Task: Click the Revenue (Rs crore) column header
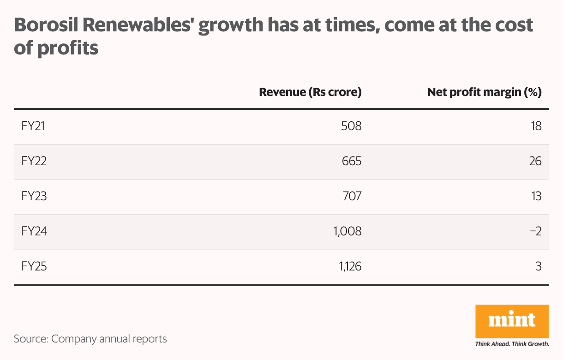point(310,92)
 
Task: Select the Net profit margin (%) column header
point(484,92)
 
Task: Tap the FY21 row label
point(33,126)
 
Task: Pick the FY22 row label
point(34,161)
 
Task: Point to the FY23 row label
point(34,196)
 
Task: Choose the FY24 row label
point(34,231)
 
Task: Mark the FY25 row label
point(34,266)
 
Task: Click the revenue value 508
point(351,126)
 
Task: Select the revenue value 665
point(351,161)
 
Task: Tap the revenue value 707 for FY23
point(351,196)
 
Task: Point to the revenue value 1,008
point(347,231)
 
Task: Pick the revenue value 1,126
point(347,266)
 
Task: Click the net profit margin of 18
point(536,126)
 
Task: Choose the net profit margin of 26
point(535,161)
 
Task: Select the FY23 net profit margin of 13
point(536,196)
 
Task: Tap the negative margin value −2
point(535,231)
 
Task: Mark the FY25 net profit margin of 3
point(539,266)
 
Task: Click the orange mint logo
point(512,321)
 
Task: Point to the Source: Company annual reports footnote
point(90,339)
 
